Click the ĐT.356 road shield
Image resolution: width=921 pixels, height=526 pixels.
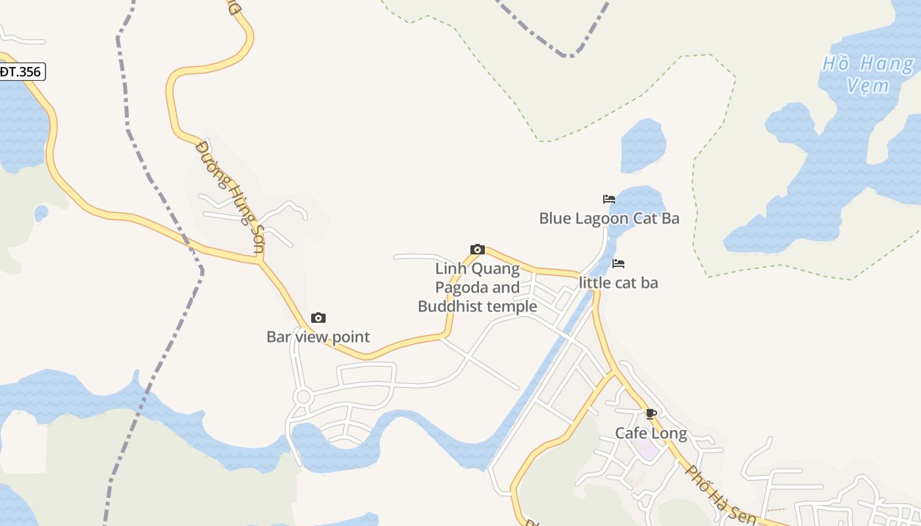[x=21, y=72]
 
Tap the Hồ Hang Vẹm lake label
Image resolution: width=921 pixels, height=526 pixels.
[x=868, y=74]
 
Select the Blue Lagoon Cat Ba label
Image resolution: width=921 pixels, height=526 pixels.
[x=609, y=218]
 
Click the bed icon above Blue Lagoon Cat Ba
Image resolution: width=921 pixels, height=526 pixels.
[x=609, y=199]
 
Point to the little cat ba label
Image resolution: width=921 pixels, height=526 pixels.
[x=618, y=283]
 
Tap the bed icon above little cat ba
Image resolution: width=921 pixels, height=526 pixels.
[x=618, y=264]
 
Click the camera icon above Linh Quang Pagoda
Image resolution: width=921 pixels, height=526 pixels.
[x=478, y=249]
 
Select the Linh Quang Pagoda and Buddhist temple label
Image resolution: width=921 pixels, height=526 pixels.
[x=478, y=287]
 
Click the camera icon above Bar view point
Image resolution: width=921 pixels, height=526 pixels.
[x=318, y=318]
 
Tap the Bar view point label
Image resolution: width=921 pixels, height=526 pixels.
[x=318, y=337]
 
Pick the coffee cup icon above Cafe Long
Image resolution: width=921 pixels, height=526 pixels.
[x=651, y=414]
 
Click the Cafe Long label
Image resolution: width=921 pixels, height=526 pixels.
[x=651, y=433]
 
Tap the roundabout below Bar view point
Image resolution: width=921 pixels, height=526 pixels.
[x=303, y=397]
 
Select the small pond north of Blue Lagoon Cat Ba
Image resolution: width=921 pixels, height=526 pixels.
[x=643, y=145]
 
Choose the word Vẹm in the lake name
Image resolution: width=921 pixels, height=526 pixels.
[x=868, y=85]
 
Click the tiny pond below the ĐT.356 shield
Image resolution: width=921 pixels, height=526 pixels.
[x=41, y=213]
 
